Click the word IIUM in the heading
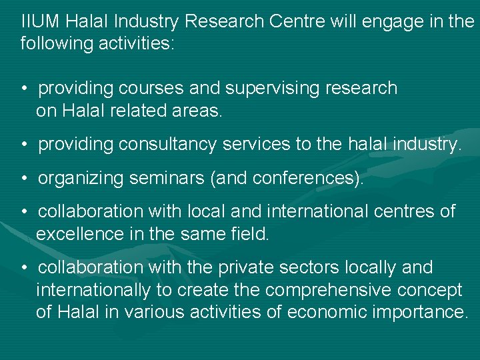(x=39, y=21)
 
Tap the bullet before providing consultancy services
(x=24, y=145)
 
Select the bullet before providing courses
(x=24, y=89)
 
